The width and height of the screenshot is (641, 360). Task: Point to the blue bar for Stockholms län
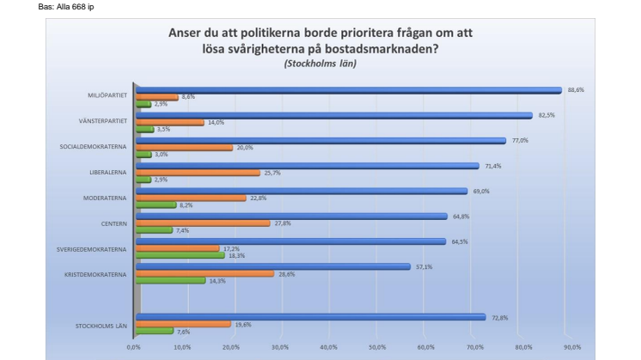point(310,316)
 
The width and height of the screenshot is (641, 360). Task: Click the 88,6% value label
point(576,88)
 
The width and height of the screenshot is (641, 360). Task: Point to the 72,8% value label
point(499,317)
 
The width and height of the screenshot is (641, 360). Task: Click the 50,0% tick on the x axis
point(378,347)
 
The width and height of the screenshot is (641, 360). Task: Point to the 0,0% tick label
point(134,347)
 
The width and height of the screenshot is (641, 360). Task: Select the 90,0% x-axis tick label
point(573,347)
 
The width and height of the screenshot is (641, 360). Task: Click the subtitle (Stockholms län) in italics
point(320,64)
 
